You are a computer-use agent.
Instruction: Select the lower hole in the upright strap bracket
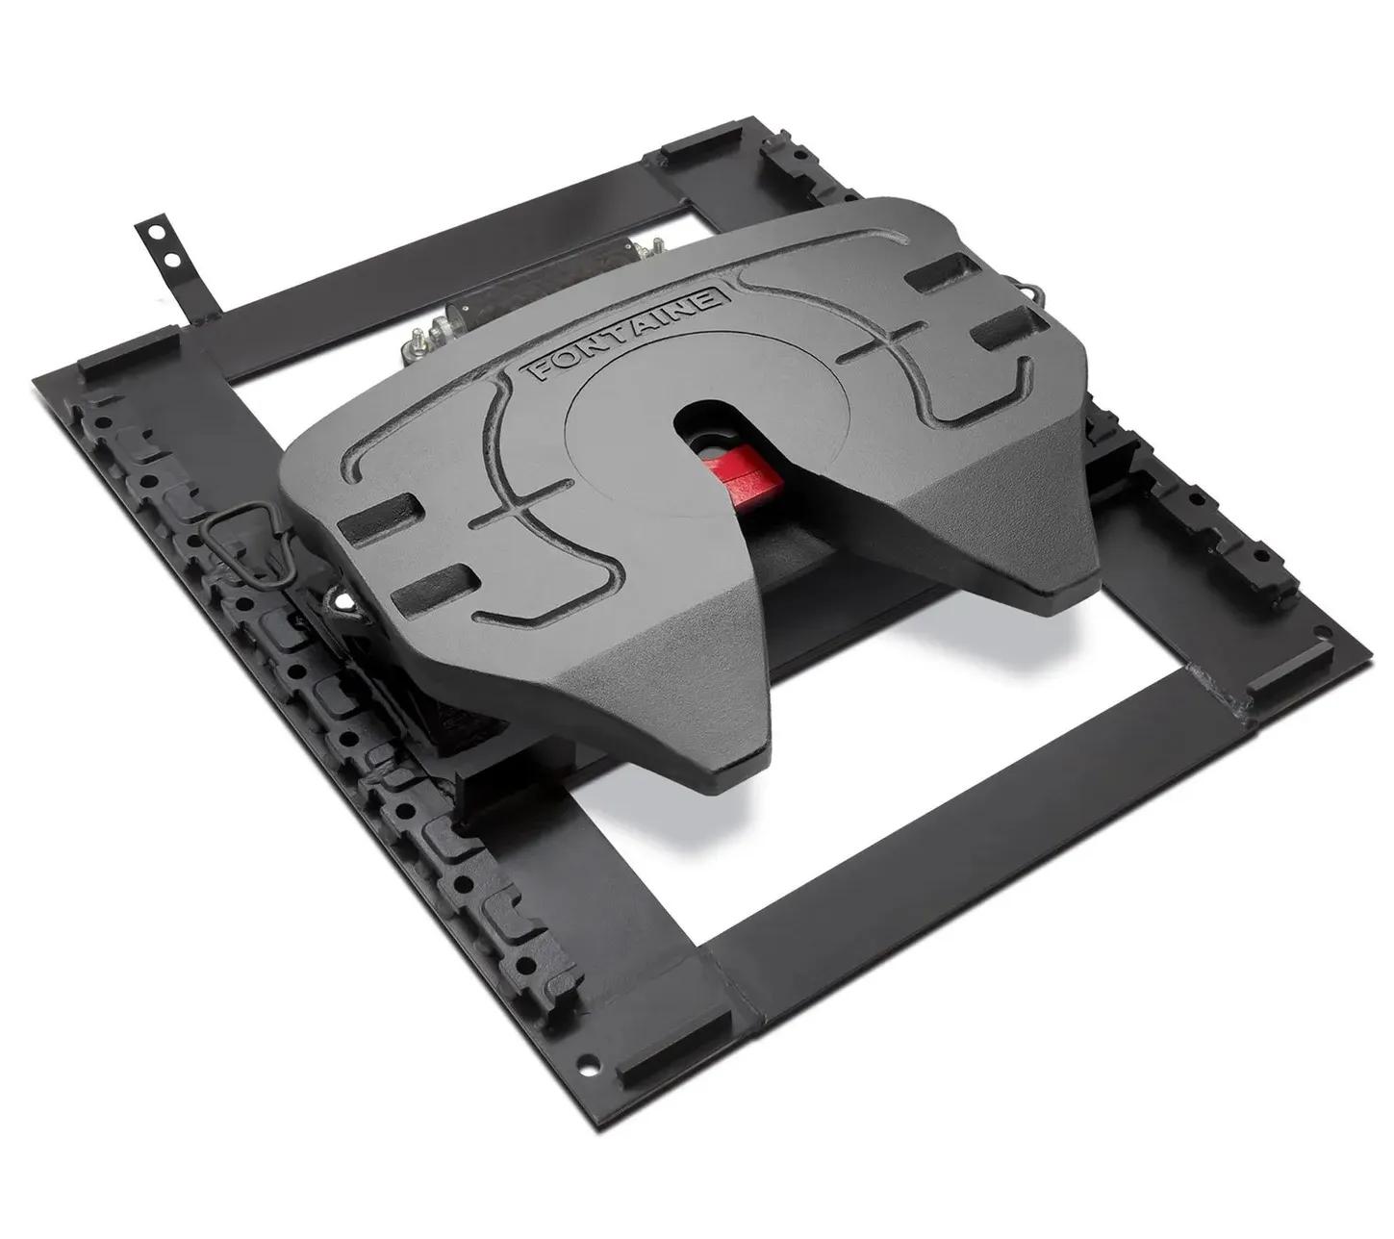pyautogui.click(x=173, y=260)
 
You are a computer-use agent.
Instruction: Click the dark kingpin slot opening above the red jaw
pyautogui.click(x=709, y=420)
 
